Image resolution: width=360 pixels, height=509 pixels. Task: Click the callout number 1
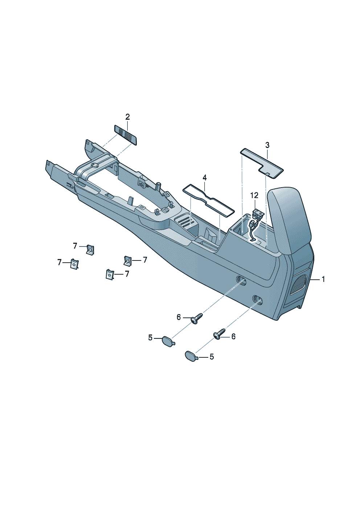pyautogui.click(x=323, y=279)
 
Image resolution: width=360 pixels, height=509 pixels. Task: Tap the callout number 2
pyautogui.click(x=127, y=117)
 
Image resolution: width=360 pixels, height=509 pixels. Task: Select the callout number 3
pyautogui.click(x=267, y=145)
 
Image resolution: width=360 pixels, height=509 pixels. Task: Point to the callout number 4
pyautogui.click(x=205, y=177)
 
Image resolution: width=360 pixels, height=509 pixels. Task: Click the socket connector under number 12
pyautogui.click(x=257, y=213)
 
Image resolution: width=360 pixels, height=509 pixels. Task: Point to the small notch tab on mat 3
pyautogui.click(x=268, y=174)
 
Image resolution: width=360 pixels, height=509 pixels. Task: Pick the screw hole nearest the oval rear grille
pyautogui.click(x=258, y=300)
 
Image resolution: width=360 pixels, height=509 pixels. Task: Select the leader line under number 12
pyautogui.click(x=254, y=204)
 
